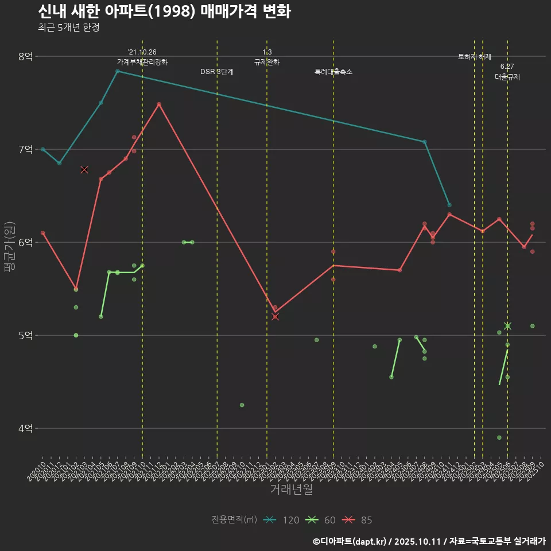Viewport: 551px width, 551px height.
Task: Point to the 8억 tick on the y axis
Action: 26,56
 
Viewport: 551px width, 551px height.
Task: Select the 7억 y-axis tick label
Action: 26,149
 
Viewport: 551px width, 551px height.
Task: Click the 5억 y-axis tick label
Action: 26,335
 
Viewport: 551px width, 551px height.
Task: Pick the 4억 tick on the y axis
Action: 26,428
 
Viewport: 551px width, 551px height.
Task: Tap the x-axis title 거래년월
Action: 292,490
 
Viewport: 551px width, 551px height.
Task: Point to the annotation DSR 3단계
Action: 216,72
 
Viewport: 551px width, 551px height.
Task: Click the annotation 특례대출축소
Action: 333,72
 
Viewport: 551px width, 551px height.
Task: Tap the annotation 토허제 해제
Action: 475,57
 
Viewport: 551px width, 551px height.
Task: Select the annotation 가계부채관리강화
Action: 142,62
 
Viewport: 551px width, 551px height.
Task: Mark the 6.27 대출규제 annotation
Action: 507,72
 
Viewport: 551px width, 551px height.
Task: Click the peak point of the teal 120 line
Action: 118,71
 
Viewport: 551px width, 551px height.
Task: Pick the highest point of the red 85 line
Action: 159,104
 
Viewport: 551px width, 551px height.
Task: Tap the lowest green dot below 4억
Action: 499,437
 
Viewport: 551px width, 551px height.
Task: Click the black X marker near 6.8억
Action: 84,169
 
